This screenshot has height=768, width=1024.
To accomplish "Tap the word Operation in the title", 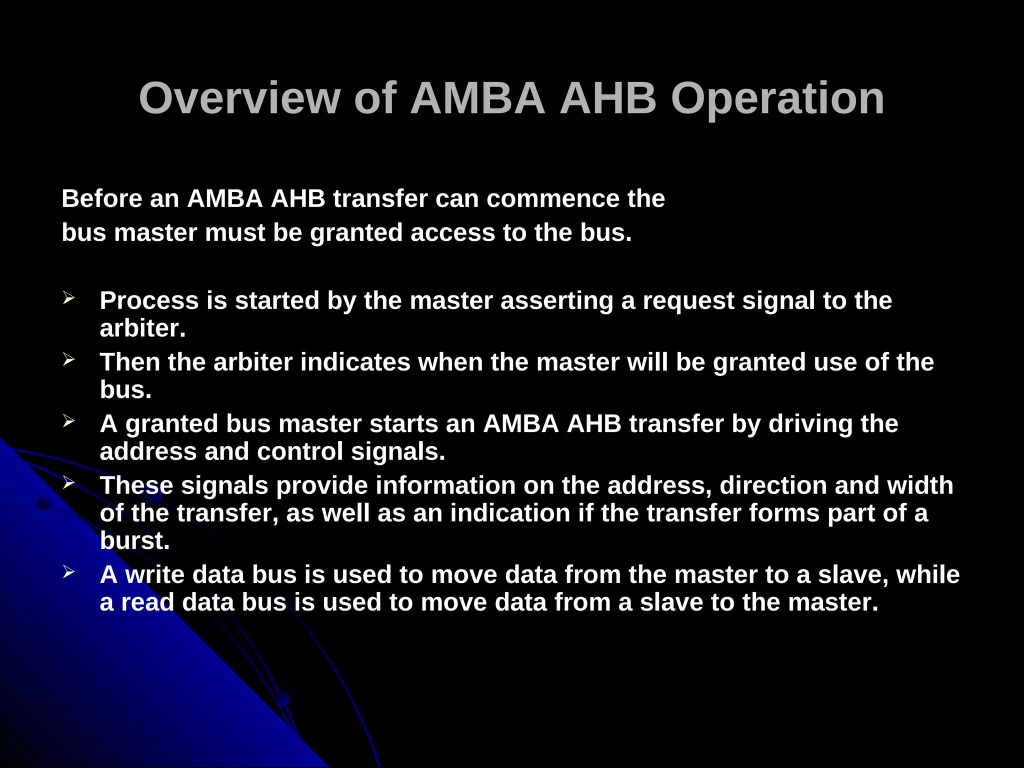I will [777, 98].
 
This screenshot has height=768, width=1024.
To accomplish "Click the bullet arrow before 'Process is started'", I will [68, 298].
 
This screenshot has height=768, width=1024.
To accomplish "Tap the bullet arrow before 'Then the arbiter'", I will [68, 360].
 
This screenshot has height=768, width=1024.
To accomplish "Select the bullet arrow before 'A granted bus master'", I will [68, 421].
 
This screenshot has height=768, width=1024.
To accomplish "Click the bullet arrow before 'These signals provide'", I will [68, 483].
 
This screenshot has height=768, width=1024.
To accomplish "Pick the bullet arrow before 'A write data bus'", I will [68, 572].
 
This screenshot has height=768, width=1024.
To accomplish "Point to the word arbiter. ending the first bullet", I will [142, 328].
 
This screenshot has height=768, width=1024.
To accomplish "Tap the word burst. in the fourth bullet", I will [134, 540].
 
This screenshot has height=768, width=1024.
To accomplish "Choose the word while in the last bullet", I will [928, 574].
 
